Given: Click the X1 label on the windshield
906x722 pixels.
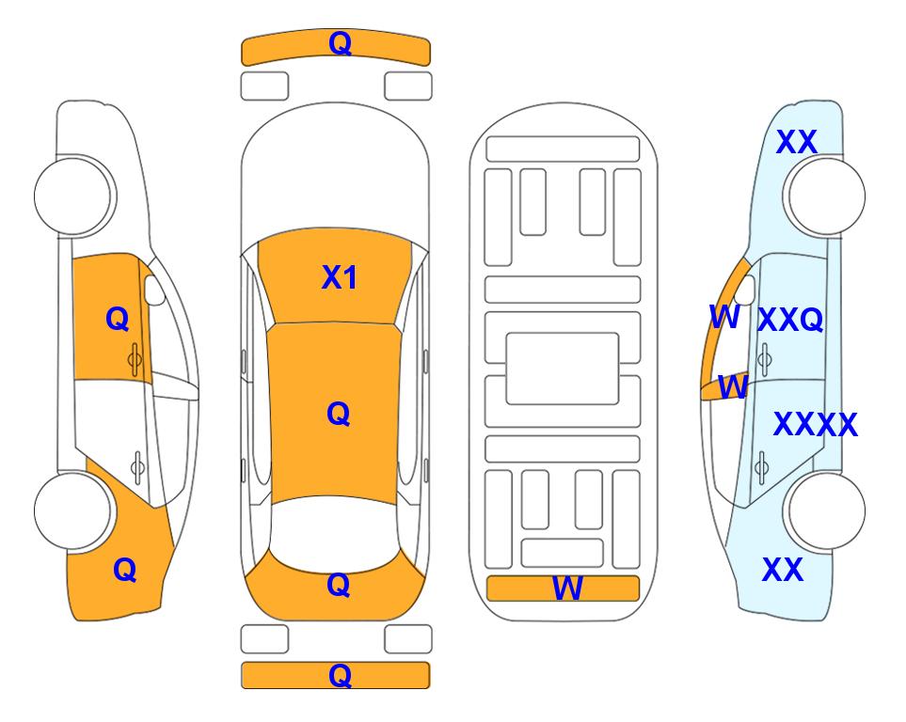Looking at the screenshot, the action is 340,277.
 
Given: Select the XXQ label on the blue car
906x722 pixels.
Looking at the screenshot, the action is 790,320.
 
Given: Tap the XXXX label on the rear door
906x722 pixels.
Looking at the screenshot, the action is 816,425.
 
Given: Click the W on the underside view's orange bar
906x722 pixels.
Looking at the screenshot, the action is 567,589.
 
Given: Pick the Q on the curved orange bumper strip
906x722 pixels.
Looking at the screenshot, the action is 340,43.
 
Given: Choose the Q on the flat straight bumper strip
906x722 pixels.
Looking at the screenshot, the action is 340,675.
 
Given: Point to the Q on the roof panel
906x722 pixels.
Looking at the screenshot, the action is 339,414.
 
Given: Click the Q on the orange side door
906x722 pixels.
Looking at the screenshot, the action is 118,319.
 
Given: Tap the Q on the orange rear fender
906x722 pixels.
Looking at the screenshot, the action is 125,570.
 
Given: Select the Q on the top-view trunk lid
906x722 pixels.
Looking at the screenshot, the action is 339,585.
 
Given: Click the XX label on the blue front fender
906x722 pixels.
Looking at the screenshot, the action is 797,142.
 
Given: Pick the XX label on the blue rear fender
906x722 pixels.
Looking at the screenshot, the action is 783,570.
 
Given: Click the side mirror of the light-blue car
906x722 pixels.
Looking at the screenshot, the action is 747,290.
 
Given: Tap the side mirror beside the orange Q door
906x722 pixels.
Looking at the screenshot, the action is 154,290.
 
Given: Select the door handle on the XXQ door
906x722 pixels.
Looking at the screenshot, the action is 765,359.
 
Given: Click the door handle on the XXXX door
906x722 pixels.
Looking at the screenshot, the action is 762,467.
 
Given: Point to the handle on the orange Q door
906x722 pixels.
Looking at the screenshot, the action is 135,359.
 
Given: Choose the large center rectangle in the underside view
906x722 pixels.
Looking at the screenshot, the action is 563,369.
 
